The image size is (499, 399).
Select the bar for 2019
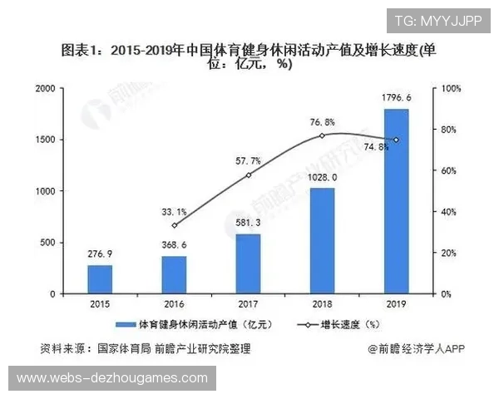click(x=396, y=201)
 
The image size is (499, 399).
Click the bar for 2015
click(x=100, y=279)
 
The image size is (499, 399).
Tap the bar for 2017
click(x=248, y=264)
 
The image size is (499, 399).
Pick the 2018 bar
click(x=322, y=241)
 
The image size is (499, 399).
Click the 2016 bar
click(x=174, y=274)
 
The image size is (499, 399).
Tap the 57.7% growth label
click(x=248, y=160)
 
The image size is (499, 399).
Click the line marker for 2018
click(x=322, y=135)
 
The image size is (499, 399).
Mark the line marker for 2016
click(x=174, y=225)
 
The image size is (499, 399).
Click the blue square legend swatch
click(x=131, y=324)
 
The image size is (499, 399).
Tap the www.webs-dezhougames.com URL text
click(x=112, y=378)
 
